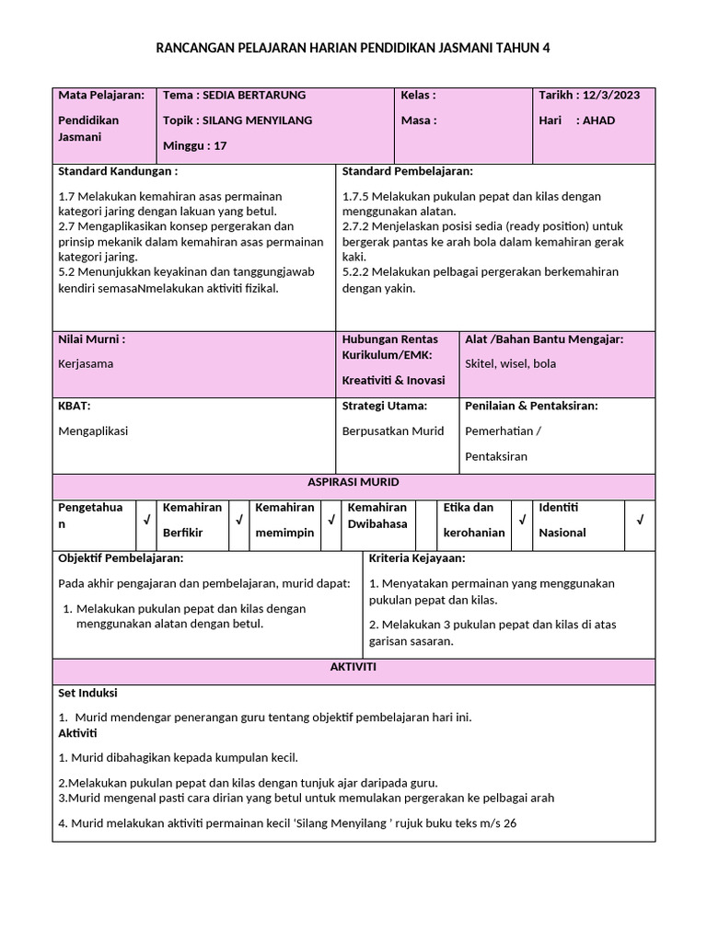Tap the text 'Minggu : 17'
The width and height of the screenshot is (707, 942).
194,145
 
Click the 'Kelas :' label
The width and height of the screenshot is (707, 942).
418,95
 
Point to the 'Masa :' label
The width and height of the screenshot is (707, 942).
418,121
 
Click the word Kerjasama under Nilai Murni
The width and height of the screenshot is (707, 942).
86,363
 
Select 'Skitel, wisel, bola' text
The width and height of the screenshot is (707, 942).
511,363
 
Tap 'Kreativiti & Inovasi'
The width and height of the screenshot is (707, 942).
393,380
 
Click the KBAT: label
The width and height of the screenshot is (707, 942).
74,406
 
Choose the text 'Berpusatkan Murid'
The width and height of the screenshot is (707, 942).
393,431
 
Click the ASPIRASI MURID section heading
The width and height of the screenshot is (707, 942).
353,483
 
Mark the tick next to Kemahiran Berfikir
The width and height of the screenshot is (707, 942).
238,521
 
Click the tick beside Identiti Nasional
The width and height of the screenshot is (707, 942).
640,521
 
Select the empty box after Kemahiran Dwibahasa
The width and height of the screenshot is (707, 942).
425,521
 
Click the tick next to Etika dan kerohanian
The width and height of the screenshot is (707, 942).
522,521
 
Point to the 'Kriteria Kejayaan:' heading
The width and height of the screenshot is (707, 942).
416,558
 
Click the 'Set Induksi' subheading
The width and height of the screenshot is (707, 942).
87,693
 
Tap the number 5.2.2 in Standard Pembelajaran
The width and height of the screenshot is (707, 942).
357,272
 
